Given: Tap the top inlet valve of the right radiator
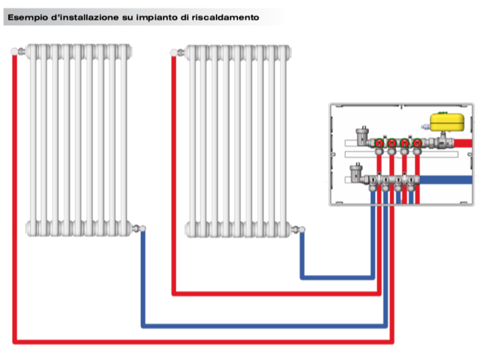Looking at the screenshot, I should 178,52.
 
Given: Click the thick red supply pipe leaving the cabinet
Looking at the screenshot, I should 464,143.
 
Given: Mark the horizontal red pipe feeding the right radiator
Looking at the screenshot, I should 277,293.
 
